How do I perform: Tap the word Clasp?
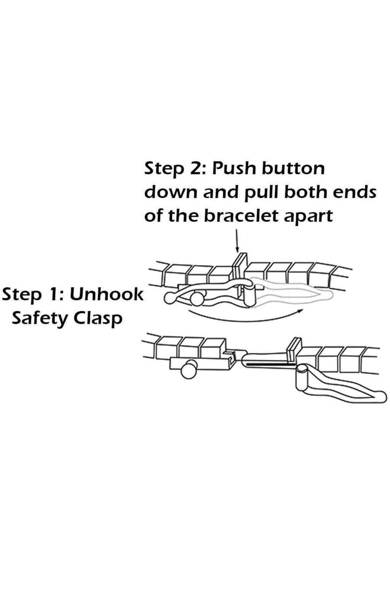(98, 319)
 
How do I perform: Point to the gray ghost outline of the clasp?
(292, 292)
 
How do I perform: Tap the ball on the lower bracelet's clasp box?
(189, 369)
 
